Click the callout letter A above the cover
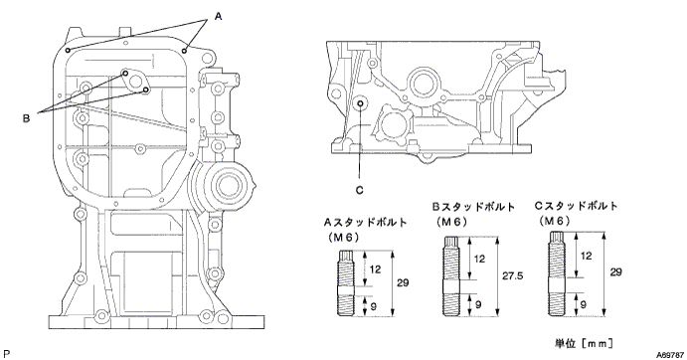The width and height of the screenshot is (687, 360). tap(218, 17)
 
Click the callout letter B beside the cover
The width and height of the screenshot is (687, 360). tap(26, 118)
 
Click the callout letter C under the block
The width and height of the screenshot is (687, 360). tap(359, 190)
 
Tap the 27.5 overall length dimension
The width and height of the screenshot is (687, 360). tap(513, 276)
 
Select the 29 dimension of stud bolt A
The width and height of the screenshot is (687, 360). tap(403, 282)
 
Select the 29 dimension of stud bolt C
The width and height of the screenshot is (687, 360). tap(615, 271)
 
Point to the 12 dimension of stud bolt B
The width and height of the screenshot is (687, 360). tap(480, 259)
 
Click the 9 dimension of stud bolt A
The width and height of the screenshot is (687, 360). tap(373, 306)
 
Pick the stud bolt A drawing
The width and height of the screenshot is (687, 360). tap(344, 282)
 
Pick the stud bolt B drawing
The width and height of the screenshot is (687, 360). tap(450, 276)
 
